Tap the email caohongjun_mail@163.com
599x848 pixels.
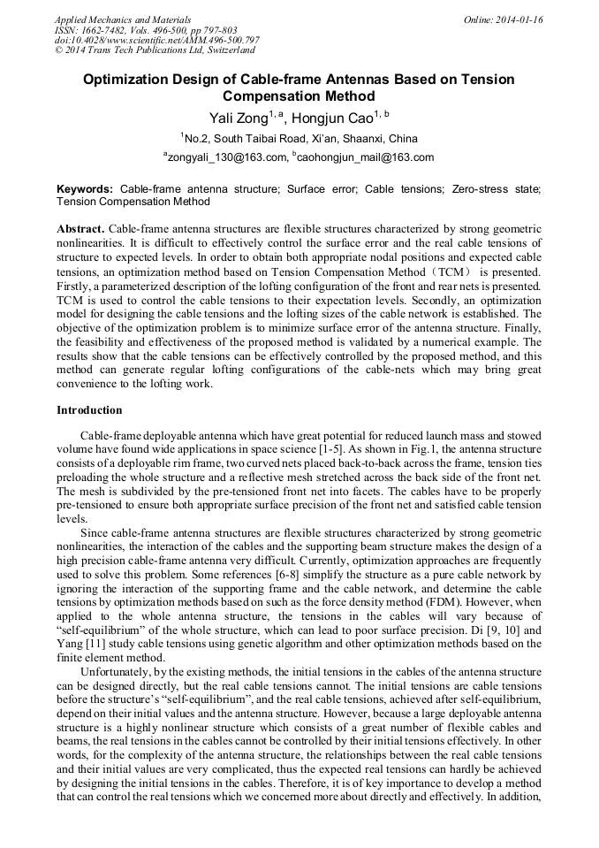(367, 157)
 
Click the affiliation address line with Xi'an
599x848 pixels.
(299, 138)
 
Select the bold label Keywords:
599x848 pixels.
(85, 189)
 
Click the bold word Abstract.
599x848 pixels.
(80, 228)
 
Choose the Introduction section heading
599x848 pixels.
(89, 410)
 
